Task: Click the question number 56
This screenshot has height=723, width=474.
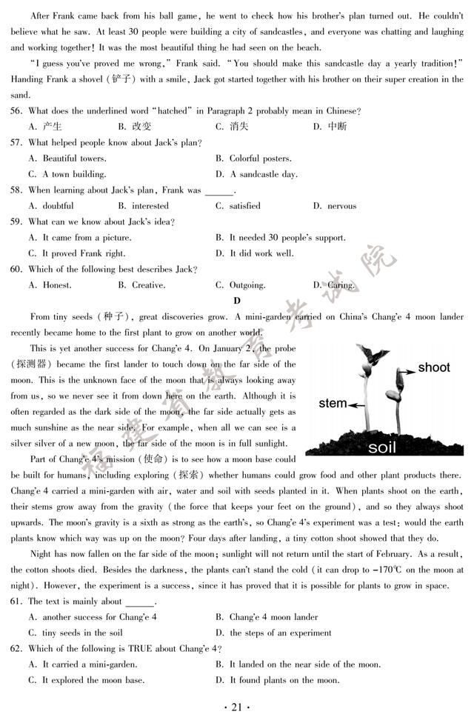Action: pyautogui.click(x=16, y=110)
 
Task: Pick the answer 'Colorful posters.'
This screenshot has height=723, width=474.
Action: pyautogui.click(x=254, y=159)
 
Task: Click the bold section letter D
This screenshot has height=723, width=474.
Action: pyautogui.click(x=237, y=301)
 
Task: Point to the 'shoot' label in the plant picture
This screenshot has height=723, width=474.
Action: pyautogui.click(x=433, y=367)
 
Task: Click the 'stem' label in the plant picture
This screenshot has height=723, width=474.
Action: pyautogui.click(x=333, y=404)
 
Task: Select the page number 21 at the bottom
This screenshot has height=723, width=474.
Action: pyautogui.click(x=237, y=708)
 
